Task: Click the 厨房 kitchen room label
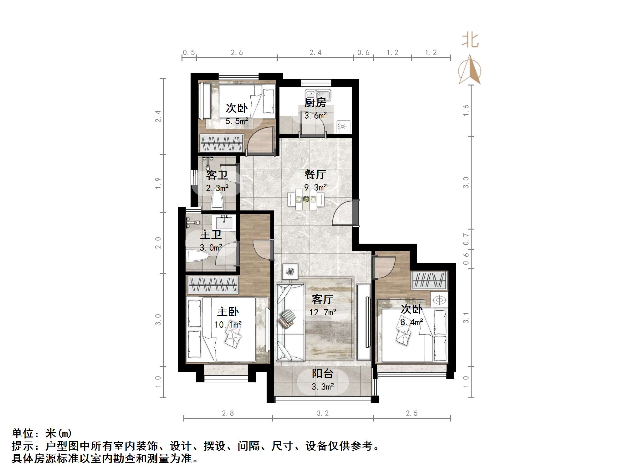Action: click(315, 103)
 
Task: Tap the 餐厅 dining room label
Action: click(315, 174)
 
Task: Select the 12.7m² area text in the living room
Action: click(323, 312)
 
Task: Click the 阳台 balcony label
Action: click(322, 374)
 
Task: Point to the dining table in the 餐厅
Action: click(306, 199)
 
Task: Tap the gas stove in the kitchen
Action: click(343, 127)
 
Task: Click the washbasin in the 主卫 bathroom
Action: click(224, 223)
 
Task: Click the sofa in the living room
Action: click(290, 322)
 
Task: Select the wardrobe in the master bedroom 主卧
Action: click(212, 285)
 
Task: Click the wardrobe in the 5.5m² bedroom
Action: click(222, 143)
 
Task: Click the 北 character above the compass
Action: click(470, 41)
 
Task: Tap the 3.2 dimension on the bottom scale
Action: click(323, 413)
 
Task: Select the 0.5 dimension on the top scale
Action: click(189, 53)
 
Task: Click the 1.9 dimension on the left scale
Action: click(158, 183)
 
